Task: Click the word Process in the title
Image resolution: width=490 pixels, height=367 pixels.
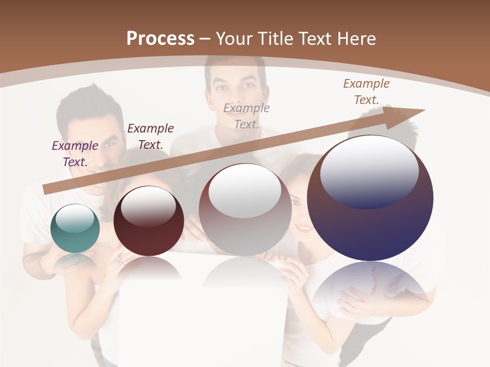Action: click(x=160, y=39)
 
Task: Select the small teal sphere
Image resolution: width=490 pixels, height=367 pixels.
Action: click(x=75, y=228)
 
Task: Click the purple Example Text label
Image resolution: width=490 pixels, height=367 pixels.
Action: click(x=75, y=153)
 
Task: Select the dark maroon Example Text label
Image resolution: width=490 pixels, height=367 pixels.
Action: click(x=151, y=136)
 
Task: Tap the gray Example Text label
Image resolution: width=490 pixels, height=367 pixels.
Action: click(x=247, y=116)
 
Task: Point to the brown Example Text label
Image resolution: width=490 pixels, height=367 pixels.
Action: click(x=366, y=91)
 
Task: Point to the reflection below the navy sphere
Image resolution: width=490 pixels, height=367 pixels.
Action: click(x=370, y=288)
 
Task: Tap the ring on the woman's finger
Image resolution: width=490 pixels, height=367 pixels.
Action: click(x=118, y=260)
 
